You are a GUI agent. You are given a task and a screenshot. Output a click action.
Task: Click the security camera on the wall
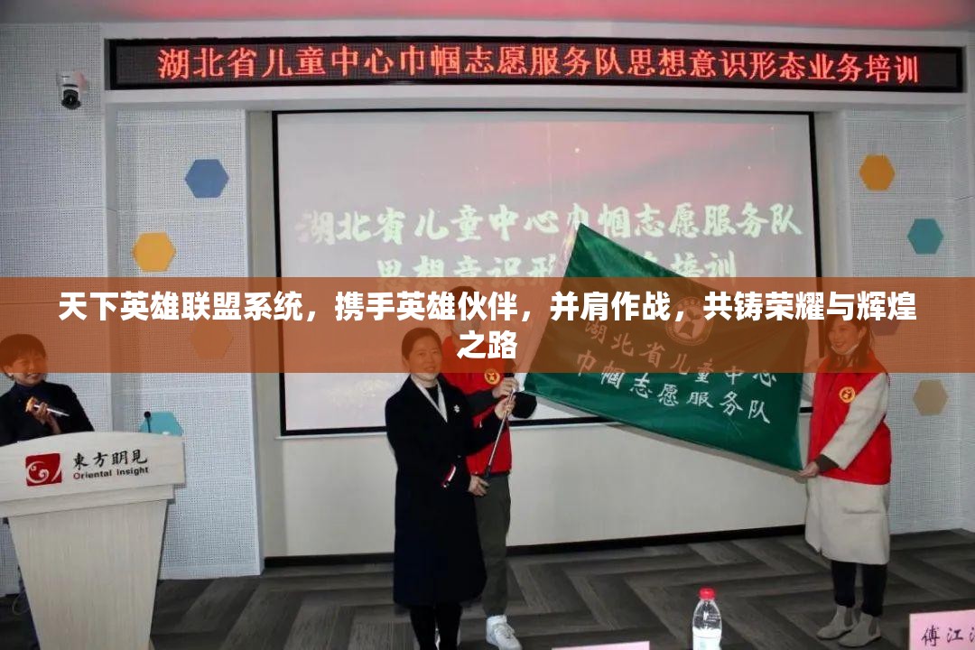click(70, 89)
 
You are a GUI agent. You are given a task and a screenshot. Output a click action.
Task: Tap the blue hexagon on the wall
click(207, 179)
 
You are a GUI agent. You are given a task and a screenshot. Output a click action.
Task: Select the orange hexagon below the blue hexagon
click(154, 252)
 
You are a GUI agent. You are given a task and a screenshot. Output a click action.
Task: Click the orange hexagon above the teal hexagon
click(877, 172)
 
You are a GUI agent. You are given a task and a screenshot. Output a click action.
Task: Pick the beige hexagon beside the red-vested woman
click(930, 397)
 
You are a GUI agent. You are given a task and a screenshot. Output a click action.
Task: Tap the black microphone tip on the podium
click(147, 417)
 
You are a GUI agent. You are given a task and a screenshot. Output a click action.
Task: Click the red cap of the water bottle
click(707, 594)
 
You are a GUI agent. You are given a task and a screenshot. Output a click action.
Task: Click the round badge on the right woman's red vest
click(847, 395)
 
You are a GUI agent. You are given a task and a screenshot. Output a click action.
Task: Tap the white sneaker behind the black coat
click(501, 631)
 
